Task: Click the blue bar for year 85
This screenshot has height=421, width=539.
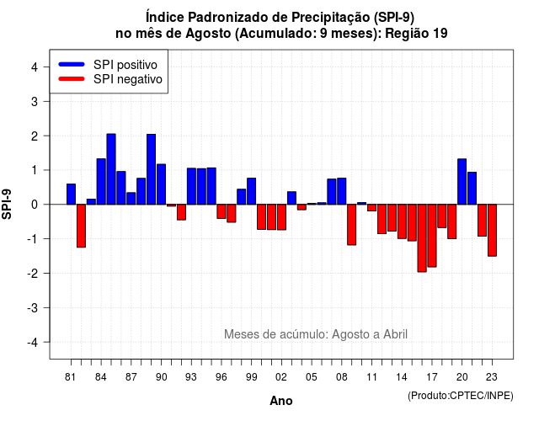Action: (111, 169)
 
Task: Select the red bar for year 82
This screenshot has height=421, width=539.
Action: (81, 226)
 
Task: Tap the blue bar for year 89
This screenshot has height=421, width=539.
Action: (152, 169)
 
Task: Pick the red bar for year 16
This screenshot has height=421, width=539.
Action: (422, 238)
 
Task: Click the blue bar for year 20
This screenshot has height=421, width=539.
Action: (462, 182)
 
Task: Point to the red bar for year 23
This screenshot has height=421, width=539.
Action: (492, 230)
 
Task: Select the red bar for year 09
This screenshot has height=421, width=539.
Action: (352, 225)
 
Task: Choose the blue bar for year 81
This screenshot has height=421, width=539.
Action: (71, 195)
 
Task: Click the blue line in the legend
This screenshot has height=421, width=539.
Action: (72, 64)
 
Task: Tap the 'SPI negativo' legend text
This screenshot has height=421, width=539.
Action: (128, 79)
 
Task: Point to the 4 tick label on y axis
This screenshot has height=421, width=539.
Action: (35, 67)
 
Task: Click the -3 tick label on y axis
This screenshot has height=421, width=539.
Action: (33, 307)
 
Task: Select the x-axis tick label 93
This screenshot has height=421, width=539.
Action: (191, 377)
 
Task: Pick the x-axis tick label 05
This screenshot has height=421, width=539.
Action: (312, 377)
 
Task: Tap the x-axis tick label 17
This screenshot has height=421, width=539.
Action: (432, 377)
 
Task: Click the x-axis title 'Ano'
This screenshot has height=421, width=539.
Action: (281, 401)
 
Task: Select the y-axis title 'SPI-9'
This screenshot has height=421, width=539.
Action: (7, 204)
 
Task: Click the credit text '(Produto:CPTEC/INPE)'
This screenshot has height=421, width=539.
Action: (461, 396)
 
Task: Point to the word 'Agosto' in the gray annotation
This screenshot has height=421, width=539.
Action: (349, 334)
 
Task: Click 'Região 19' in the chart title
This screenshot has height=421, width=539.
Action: (416, 34)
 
